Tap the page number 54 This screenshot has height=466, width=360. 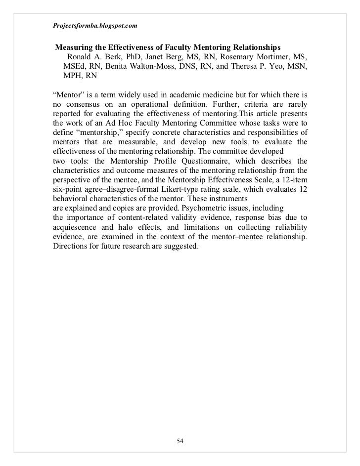pyautogui.click(x=180, y=441)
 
